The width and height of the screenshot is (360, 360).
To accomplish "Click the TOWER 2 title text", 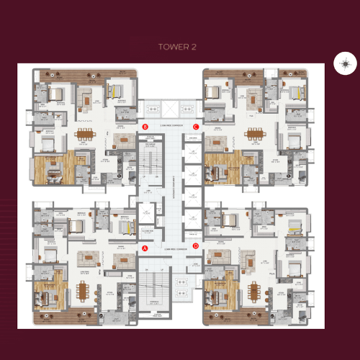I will tap(177, 47).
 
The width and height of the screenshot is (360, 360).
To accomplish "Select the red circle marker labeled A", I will tap(145, 248).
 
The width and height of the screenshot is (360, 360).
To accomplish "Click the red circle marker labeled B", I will tap(145, 127).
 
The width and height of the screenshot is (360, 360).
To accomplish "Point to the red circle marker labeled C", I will tap(195, 127).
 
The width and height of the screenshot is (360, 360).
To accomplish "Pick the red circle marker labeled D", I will tap(195, 246).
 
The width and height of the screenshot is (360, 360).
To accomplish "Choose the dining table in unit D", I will tap(253, 292).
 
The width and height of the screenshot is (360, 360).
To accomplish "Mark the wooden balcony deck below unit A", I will tap(79, 318).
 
